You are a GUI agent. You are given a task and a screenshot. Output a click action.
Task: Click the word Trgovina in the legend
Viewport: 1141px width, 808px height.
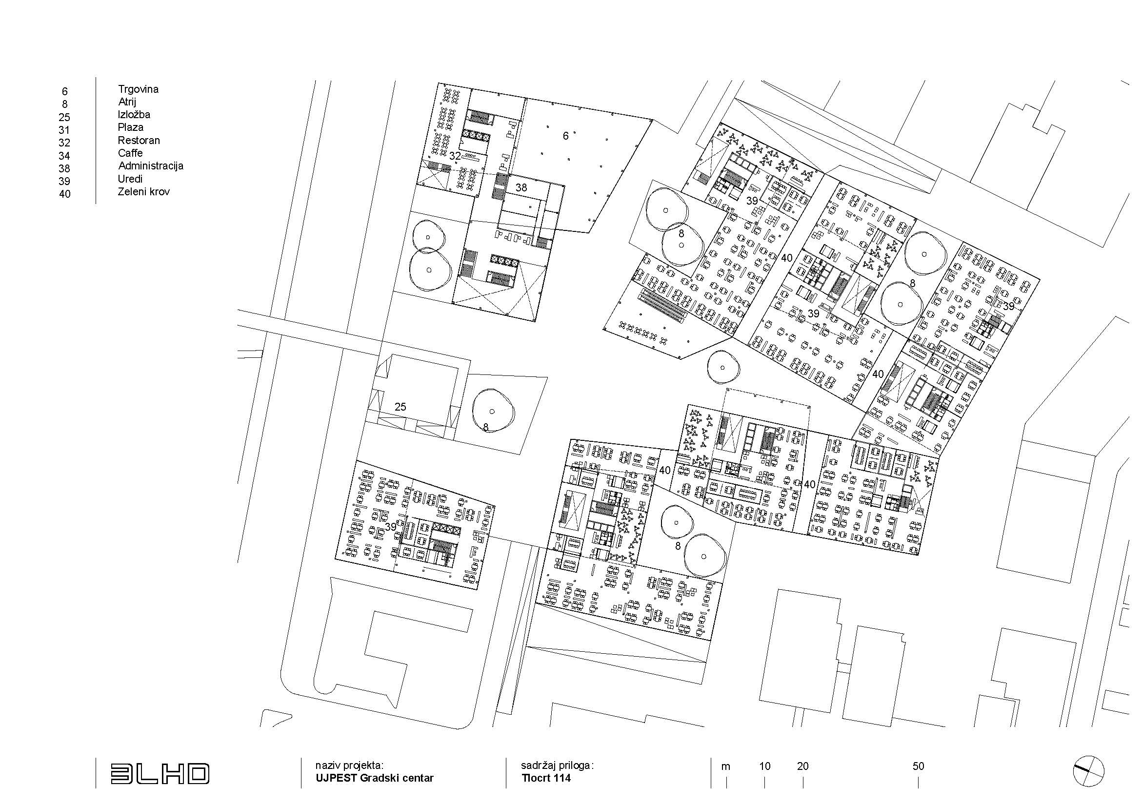point(138,89)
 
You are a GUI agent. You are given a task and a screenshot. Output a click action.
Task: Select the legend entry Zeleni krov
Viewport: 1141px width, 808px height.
point(144,191)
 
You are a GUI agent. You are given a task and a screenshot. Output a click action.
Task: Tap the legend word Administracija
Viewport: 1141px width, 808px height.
point(151,166)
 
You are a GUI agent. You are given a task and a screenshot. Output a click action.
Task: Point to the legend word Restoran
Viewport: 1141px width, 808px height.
point(139,140)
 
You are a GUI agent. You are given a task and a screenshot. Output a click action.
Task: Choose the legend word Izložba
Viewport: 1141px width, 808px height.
point(134,114)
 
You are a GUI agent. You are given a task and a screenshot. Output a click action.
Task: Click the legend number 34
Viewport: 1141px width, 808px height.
point(64,156)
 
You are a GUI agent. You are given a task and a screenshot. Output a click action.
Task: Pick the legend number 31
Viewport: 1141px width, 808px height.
point(64,130)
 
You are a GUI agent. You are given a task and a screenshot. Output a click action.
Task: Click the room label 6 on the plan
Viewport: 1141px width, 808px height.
point(565,135)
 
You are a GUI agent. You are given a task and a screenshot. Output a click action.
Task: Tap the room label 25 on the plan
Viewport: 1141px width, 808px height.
point(400,407)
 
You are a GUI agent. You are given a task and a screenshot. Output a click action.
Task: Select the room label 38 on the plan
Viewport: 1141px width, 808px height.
point(521,187)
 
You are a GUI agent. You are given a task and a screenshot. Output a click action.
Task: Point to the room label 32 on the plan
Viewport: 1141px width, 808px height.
point(455,156)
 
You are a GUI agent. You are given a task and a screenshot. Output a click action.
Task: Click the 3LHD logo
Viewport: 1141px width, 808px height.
point(160,774)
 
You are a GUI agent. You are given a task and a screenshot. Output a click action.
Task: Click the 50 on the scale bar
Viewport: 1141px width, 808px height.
point(918,766)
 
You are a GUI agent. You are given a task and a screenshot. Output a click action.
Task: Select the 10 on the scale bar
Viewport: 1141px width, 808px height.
point(764,766)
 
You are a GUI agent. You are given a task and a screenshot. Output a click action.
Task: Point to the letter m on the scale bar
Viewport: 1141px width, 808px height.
point(726,767)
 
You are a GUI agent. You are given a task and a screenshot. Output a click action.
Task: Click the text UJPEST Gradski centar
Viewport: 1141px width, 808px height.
point(374,778)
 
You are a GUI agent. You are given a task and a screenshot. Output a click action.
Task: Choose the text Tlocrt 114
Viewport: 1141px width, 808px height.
point(546,778)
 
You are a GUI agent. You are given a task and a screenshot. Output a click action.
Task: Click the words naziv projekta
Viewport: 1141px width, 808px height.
point(349,765)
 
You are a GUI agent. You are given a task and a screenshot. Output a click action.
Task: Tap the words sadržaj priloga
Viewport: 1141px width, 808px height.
point(557,765)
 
